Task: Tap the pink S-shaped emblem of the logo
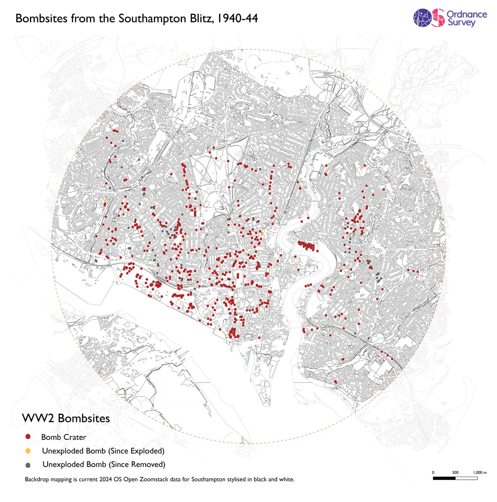point(439,18)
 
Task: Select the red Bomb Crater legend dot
point(28,437)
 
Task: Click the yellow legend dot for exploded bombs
point(28,451)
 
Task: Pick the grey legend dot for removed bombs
point(28,465)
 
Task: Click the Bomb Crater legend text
point(64,437)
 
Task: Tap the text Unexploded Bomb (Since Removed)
point(104,464)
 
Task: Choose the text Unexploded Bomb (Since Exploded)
point(103,451)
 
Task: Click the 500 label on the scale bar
point(455,472)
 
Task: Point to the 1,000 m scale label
point(480,472)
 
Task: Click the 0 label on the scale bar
point(433,472)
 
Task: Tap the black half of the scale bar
point(444,478)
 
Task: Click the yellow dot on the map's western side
point(105,201)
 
